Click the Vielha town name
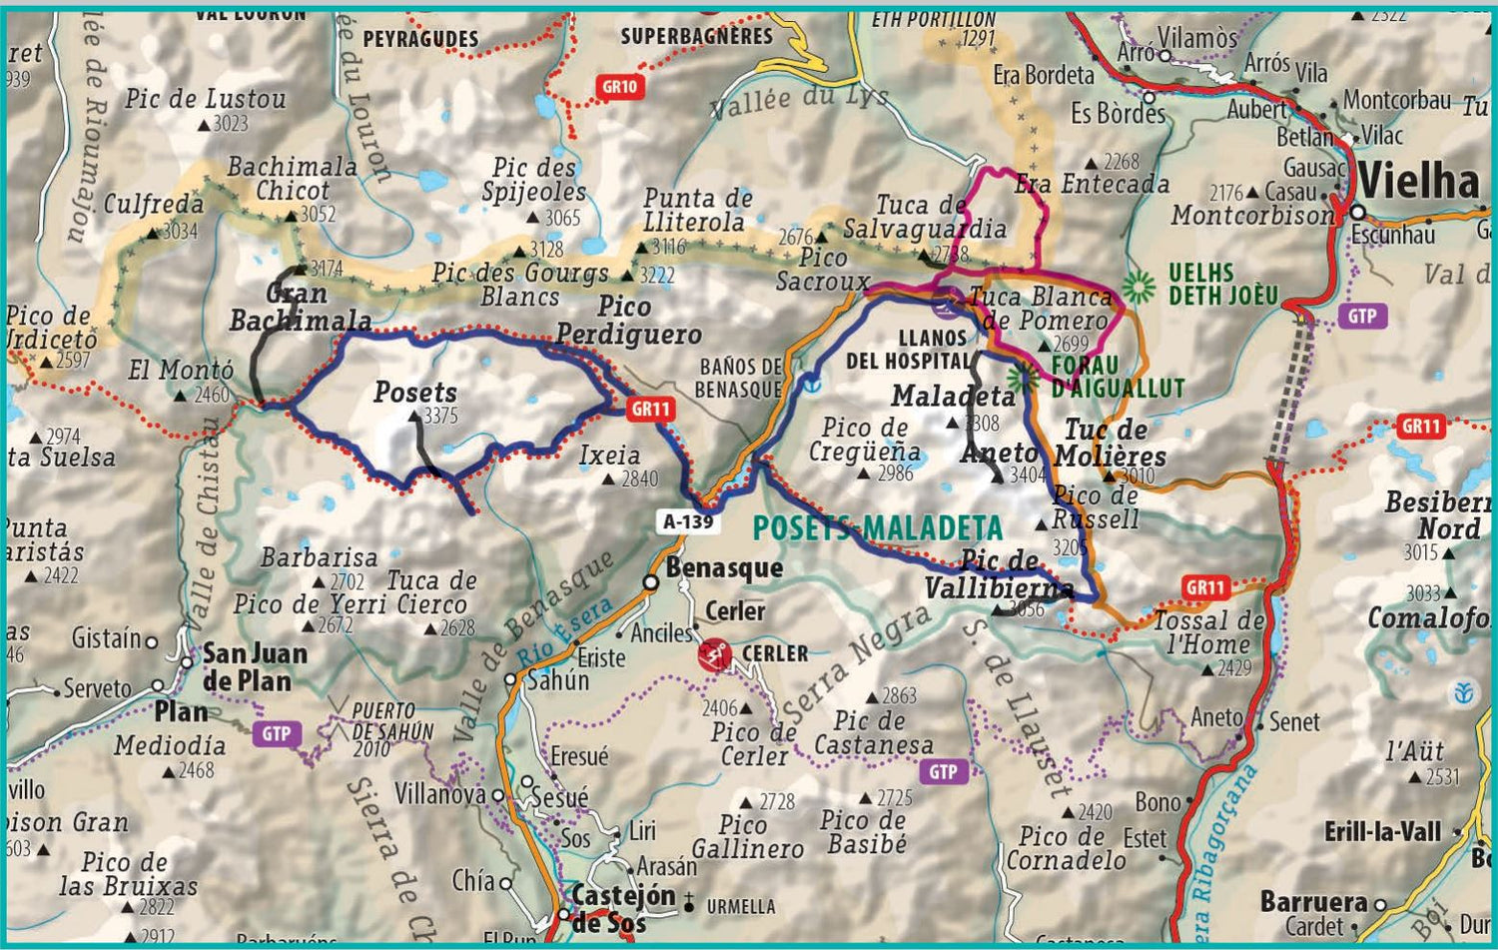1418,182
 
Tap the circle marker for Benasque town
650,582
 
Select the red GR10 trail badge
619,87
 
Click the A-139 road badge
688,520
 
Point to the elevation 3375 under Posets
440,416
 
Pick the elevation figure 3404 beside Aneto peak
1028,475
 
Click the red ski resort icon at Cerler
714,655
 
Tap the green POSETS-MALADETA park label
877,527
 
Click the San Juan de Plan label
255,667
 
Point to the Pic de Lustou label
205,99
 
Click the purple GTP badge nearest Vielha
1361,317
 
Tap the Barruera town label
1313,901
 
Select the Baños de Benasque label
739,378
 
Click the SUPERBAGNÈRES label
696,37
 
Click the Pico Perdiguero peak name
628,321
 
